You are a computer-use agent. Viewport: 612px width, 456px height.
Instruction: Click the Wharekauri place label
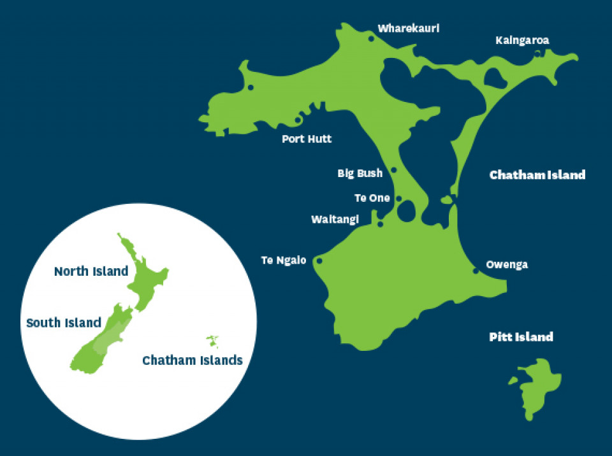point(409,29)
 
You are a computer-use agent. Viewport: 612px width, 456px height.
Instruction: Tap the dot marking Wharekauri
point(371,39)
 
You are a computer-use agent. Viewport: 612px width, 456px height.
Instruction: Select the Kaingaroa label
point(522,40)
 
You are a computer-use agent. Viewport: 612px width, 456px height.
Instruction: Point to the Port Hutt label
point(307,138)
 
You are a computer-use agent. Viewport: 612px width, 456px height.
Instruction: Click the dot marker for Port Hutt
point(298,120)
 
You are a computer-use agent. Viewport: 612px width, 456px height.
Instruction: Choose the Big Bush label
point(360,173)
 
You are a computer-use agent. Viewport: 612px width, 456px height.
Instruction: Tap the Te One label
point(372,198)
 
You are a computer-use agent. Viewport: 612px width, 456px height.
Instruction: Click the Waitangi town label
point(335,219)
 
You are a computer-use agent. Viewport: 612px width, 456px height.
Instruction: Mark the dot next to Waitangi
point(380,224)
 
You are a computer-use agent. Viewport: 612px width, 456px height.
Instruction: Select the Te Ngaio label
point(284,260)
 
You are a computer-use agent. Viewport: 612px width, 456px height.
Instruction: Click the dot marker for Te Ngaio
point(319,260)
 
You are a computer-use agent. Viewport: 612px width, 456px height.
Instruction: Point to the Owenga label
point(507,264)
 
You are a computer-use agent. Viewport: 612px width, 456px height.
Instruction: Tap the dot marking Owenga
point(476,271)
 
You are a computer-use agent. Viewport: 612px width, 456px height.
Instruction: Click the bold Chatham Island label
point(537,175)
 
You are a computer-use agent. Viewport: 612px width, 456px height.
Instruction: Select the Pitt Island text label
point(520,337)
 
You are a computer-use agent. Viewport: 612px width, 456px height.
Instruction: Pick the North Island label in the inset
point(91,271)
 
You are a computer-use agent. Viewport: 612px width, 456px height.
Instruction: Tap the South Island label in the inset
point(64,322)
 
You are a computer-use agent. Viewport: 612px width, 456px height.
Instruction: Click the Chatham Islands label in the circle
point(193,360)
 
